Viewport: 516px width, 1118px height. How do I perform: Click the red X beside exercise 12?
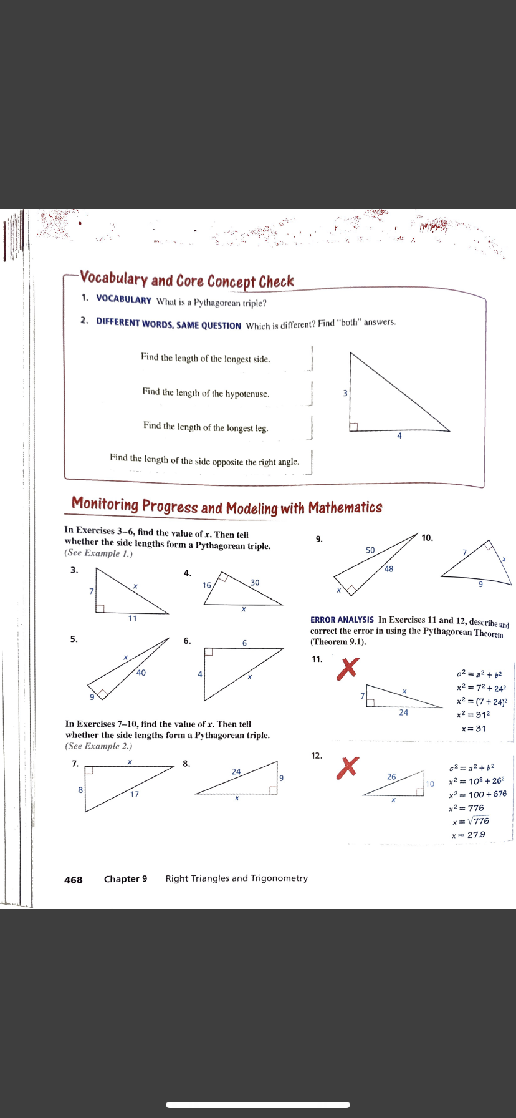(x=348, y=767)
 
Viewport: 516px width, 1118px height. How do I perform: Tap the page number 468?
(x=73, y=880)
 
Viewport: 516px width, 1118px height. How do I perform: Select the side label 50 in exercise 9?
(x=370, y=550)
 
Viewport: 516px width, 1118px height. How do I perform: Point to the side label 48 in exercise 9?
(x=389, y=569)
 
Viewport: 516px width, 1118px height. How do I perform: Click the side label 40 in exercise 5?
(x=141, y=673)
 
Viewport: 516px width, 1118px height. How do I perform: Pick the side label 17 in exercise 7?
(x=135, y=794)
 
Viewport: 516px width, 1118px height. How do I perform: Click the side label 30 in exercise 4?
(x=255, y=583)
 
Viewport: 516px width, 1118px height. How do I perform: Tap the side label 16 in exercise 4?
(x=207, y=585)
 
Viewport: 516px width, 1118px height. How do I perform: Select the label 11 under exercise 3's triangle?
(x=132, y=618)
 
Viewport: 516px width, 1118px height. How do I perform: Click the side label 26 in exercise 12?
(x=391, y=777)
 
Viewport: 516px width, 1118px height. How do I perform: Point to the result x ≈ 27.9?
(x=469, y=835)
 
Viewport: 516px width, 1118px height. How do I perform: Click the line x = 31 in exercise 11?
(x=474, y=729)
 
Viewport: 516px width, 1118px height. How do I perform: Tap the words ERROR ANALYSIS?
(x=342, y=620)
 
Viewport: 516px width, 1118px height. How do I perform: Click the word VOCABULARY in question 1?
(x=123, y=299)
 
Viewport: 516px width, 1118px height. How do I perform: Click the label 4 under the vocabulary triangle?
(x=399, y=436)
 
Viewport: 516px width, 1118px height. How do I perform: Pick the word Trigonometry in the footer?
(x=279, y=878)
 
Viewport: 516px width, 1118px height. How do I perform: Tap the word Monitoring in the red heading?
(x=105, y=504)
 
